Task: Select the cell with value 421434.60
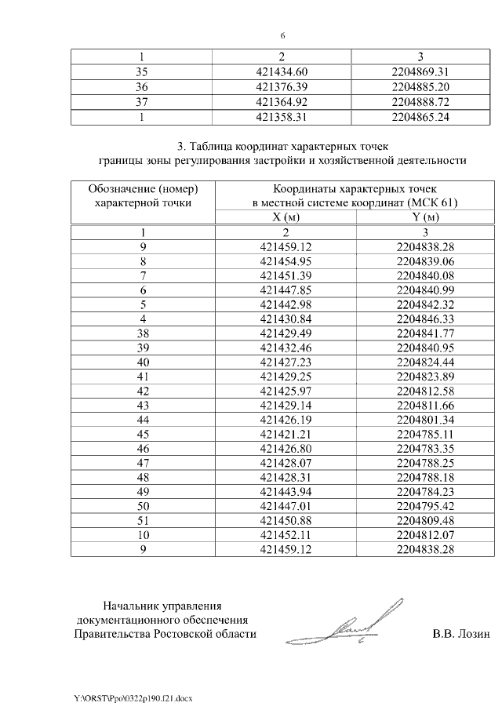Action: [x=286, y=71]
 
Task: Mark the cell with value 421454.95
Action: [x=286, y=260]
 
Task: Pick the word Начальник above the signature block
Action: [x=132, y=605]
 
